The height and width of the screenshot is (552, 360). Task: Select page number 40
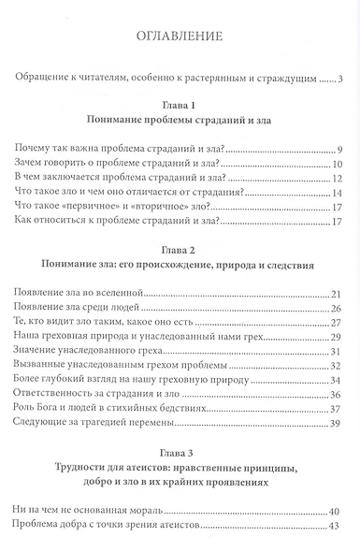pos(339,510)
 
